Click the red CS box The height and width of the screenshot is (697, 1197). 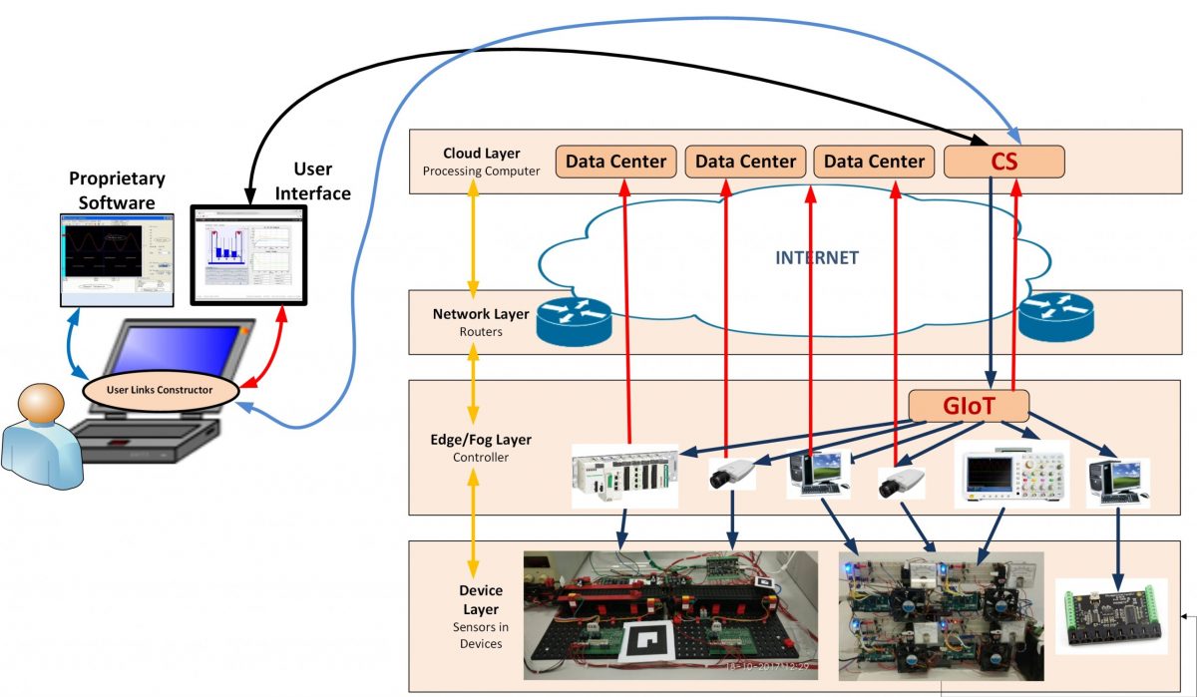click(x=1003, y=161)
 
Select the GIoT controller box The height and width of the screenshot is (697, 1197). click(x=968, y=406)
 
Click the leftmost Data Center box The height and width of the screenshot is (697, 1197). click(x=616, y=161)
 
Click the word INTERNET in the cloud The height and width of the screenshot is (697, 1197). click(x=817, y=257)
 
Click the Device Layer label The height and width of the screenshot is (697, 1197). click(x=481, y=599)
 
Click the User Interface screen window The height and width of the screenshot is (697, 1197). click(x=249, y=254)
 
